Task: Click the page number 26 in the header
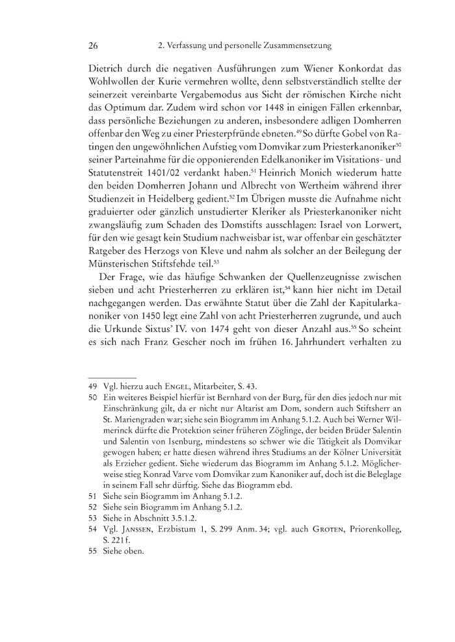92,46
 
